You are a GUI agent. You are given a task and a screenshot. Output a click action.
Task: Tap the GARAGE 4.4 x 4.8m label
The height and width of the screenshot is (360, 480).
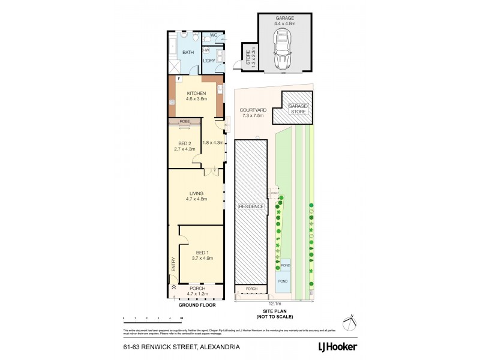click(x=284, y=22)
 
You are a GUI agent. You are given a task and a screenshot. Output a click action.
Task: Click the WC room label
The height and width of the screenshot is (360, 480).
click(x=214, y=35)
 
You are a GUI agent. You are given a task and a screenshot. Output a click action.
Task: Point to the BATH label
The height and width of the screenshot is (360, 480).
click(x=188, y=53)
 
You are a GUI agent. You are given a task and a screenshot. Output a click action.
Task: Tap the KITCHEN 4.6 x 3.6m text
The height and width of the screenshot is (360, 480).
click(x=196, y=96)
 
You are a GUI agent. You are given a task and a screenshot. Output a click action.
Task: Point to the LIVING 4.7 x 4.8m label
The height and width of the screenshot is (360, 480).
click(x=196, y=196)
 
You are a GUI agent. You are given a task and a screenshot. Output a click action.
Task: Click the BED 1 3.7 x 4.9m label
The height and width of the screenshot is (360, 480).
click(x=202, y=255)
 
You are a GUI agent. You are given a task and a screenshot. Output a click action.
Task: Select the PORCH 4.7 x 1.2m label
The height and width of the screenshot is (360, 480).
click(x=196, y=291)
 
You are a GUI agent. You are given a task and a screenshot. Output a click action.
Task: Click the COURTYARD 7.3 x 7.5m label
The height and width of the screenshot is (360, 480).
click(x=252, y=113)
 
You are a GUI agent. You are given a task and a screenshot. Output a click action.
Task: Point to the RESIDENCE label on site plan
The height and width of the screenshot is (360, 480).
click(x=251, y=206)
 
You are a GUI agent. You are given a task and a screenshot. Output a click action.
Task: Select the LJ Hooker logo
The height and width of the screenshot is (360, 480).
click(x=337, y=347)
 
